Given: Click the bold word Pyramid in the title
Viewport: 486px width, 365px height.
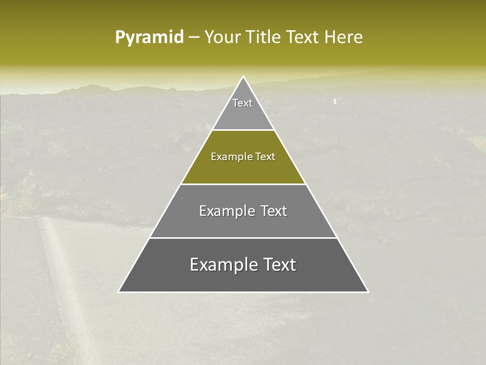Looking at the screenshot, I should pos(149,38).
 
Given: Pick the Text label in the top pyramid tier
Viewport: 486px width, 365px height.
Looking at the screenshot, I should pos(242,103).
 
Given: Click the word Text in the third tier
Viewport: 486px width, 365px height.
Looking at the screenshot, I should pos(274,211).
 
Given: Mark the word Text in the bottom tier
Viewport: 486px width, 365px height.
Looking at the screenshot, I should pos(279,265).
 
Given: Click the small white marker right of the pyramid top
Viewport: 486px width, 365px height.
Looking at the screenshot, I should pos(334,101).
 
